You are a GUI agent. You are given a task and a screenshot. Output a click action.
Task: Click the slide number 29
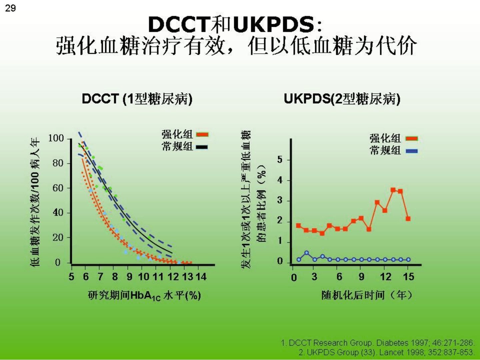pos(10,9)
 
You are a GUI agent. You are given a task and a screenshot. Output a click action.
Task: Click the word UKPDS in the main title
pos(274,24)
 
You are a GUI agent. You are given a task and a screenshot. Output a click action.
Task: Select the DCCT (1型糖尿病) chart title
pos(137,99)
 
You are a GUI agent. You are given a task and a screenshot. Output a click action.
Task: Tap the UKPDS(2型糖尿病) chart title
pos(342,99)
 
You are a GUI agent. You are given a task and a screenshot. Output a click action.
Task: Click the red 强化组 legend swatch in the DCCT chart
pos(202,134)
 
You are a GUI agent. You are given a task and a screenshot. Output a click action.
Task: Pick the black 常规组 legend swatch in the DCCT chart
pos(202,147)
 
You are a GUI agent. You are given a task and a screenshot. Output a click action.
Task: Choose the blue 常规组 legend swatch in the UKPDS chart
pos(412,151)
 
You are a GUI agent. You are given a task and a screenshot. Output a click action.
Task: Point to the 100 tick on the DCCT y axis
pos(56,138)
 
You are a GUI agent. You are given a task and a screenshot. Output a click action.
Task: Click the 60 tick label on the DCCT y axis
pos(58,188)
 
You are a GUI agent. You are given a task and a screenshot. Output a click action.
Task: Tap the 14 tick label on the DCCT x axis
pos(201,277)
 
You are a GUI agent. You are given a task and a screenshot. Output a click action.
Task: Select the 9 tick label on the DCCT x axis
pos(129,277)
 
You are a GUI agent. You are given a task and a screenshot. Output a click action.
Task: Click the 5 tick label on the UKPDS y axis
pos(280,160)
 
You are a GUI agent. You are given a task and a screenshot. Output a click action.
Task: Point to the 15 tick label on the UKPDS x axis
pos(408,277)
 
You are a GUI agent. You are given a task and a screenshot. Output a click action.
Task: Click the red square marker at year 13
pos(393,190)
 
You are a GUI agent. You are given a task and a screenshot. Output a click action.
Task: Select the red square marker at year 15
pos(408,219)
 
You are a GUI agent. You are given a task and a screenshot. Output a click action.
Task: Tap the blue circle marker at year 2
pos(307,253)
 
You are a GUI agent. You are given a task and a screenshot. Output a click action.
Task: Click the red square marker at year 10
pos(369,229)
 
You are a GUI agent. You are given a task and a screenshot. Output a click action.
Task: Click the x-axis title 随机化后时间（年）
pos(367,295)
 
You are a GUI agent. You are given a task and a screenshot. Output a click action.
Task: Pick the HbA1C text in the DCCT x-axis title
pos(146,296)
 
